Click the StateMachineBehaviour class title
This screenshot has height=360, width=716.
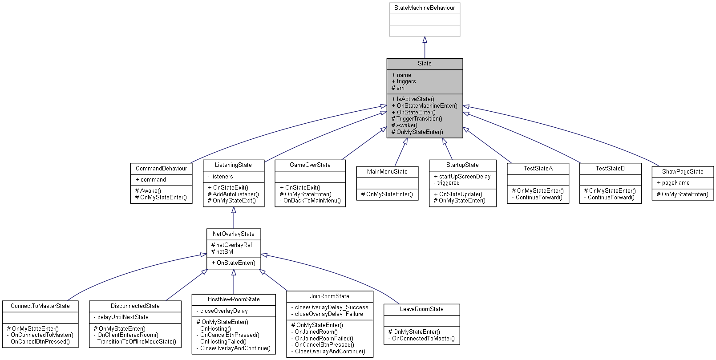tap(424, 8)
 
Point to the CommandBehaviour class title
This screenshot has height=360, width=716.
tap(161, 169)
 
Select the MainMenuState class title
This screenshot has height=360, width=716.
tap(387, 172)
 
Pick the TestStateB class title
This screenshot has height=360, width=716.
tap(610, 169)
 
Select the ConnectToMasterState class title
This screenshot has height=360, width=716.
tap(40, 306)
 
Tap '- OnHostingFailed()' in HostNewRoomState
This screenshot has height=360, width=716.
tap(223, 342)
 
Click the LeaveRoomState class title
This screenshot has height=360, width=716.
tap(421, 309)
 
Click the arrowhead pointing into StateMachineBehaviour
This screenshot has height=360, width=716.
tap(425, 40)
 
